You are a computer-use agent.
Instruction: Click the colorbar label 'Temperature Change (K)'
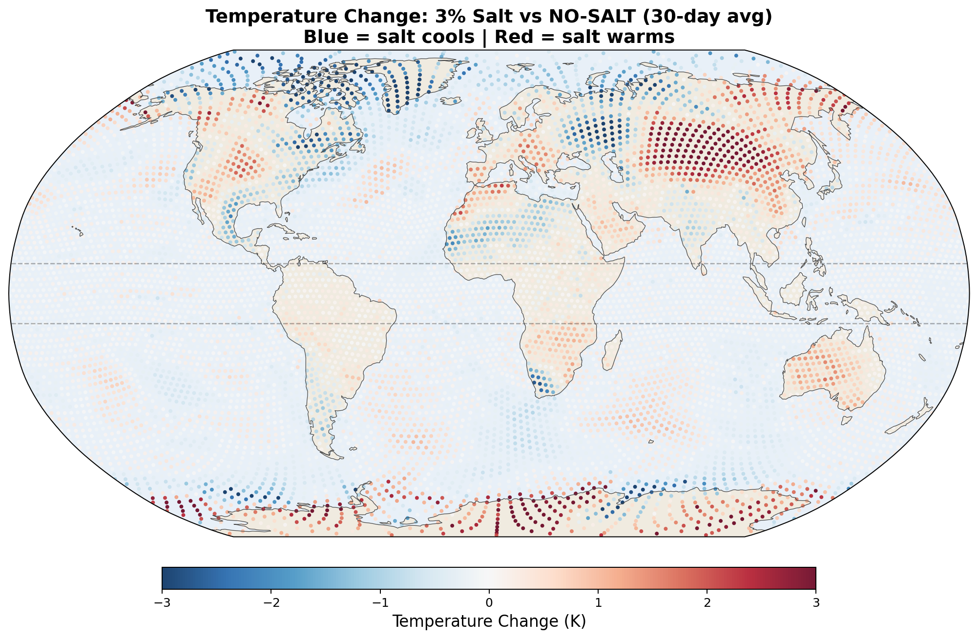(489, 621)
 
